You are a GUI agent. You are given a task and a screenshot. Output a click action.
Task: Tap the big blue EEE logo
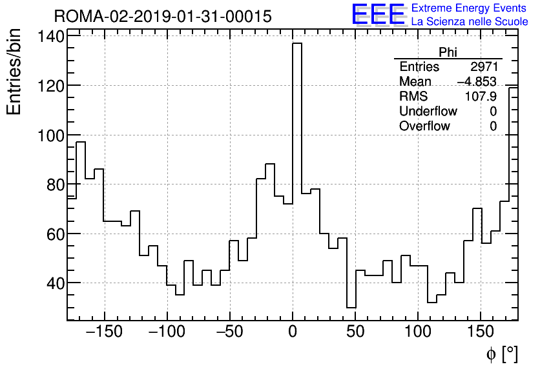[378, 15]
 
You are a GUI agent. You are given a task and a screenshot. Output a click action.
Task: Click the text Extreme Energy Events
[469, 8]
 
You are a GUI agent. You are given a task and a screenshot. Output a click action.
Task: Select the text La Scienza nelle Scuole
[470, 22]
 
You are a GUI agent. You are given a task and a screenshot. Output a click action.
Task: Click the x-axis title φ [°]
[502, 354]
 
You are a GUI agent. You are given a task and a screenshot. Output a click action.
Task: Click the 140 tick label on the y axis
[50, 37]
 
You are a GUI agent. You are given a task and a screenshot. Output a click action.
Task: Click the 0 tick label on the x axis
[293, 332]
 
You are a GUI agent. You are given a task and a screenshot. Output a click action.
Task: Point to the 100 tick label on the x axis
[418, 332]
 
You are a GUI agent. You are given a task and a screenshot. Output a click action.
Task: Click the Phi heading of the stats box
[448, 52]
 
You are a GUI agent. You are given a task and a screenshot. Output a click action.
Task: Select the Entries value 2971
[483, 67]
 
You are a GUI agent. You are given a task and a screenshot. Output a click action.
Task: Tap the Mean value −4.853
[476, 81]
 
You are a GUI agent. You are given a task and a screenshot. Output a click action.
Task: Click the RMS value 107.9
[481, 96]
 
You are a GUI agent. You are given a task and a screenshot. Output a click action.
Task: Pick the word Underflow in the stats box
[428, 111]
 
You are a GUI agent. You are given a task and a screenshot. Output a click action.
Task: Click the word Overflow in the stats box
[424, 126]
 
